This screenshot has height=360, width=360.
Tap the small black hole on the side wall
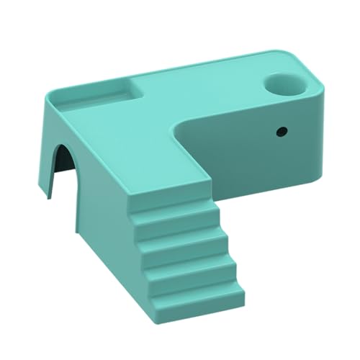click(x=282, y=132)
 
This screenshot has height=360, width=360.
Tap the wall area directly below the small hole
click(x=282, y=162)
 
